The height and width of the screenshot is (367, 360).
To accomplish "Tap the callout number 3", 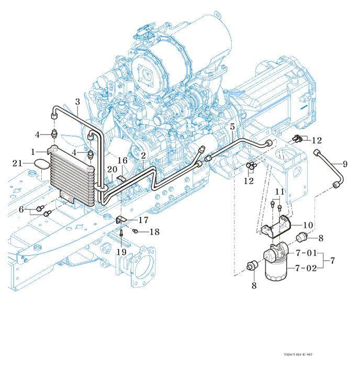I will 77,102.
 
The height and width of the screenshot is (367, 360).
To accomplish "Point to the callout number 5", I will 232,126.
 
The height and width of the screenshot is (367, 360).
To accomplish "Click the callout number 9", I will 345,164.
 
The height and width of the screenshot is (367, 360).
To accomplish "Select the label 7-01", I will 307,253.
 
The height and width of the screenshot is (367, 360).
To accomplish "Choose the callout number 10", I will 308,225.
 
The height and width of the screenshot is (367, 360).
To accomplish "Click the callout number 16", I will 122,160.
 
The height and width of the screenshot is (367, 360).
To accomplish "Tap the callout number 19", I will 121,252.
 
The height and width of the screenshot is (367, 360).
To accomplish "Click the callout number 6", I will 22,209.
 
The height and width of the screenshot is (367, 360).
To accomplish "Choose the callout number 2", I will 143,155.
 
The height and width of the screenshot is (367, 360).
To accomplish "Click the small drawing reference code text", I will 298,354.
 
